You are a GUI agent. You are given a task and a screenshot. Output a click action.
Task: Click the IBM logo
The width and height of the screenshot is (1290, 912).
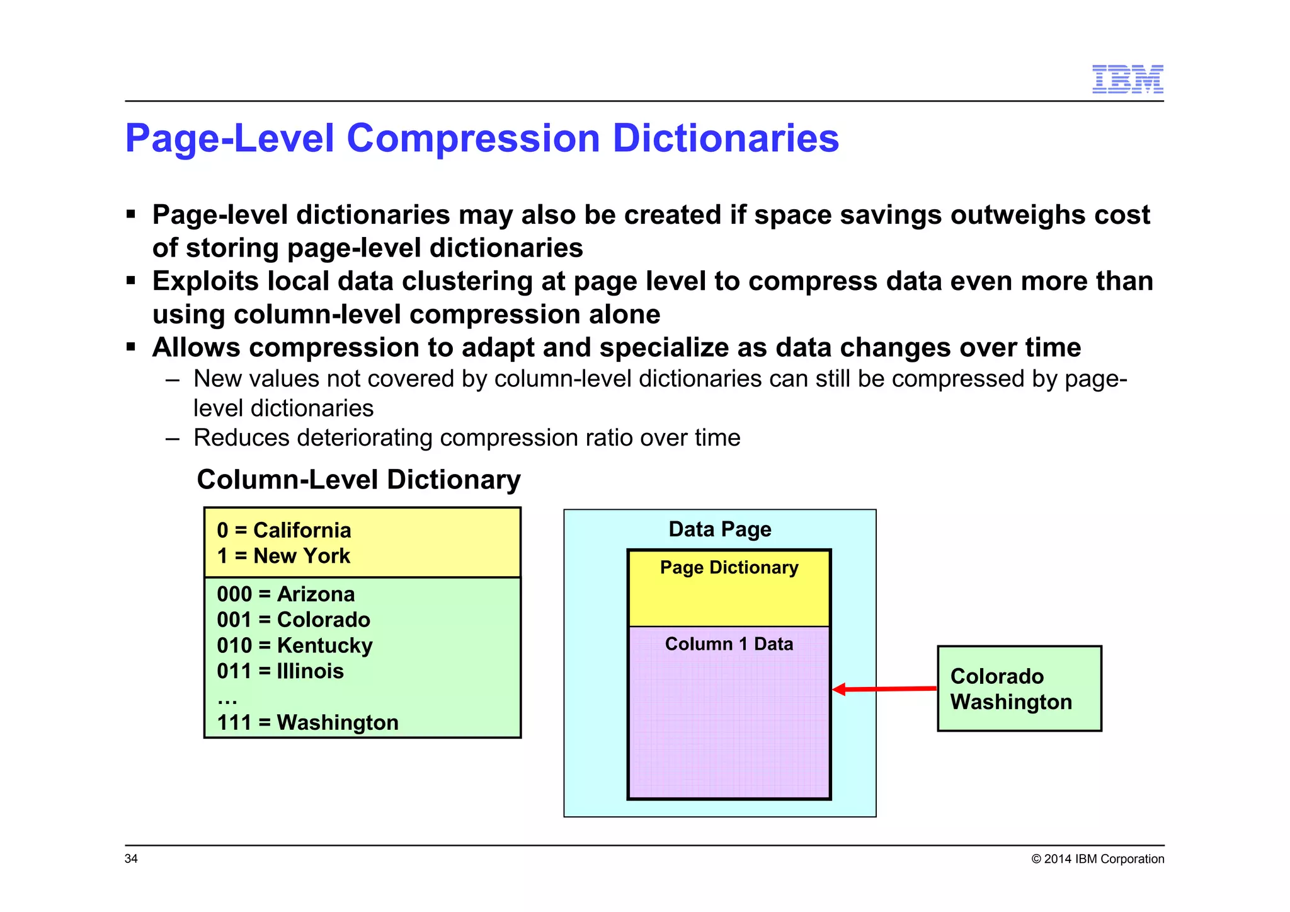coord(1127,79)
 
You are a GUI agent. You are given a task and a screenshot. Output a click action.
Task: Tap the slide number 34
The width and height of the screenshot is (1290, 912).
coord(131,858)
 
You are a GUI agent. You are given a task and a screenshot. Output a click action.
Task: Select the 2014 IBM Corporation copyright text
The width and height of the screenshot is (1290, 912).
coord(1097,859)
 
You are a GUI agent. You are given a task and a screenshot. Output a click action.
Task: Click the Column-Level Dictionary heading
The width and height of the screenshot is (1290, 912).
coord(358,480)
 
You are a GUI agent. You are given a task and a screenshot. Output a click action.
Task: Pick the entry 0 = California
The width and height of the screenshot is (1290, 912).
coord(283,530)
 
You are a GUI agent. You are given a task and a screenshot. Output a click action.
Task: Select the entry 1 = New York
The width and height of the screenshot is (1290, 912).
coord(283,556)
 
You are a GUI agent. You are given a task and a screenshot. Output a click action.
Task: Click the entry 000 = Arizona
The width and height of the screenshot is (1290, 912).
coord(285,594)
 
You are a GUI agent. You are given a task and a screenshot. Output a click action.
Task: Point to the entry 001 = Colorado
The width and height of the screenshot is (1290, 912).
coord(293,620)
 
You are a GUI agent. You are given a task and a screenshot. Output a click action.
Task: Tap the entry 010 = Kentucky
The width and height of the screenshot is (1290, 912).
coord(294,645)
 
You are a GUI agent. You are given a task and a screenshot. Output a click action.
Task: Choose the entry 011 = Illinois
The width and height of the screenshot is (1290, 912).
coord(280,671)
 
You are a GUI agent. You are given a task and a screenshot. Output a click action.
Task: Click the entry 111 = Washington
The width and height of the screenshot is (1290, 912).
coord(307,722)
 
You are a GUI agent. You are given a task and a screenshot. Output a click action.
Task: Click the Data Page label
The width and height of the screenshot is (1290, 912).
coord(719,529)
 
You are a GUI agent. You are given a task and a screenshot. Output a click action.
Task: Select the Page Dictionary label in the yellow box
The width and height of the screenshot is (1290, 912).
coord(729,567)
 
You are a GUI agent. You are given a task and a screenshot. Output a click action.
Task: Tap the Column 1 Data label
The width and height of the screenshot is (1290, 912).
coord(729,644)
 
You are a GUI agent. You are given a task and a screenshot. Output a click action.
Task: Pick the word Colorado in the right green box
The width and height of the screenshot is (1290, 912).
coord(996,676)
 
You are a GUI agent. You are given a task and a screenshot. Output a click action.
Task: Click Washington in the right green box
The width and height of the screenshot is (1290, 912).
coord(1010,702)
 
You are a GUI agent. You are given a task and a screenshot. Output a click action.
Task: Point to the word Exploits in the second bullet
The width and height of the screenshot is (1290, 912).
coord(205,281)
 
